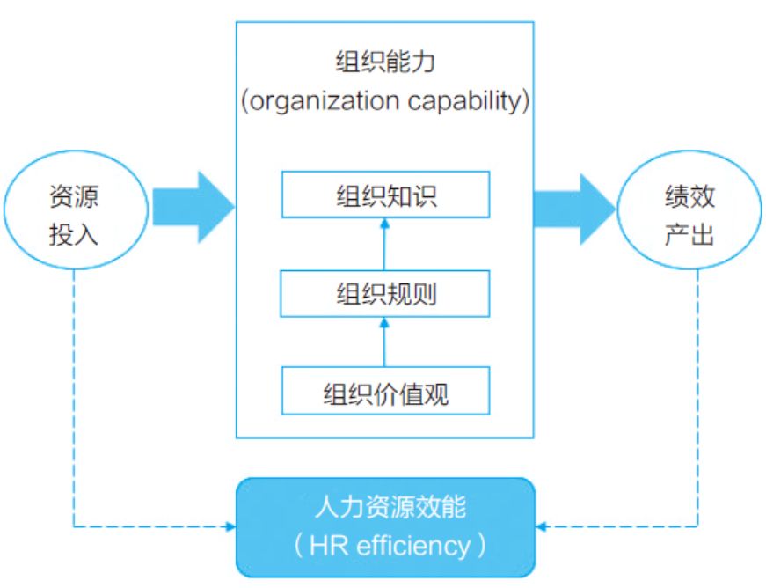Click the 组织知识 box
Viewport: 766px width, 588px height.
click(384, 195)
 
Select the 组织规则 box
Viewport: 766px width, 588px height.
click(384, 294)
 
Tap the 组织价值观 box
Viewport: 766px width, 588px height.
click(384, 392)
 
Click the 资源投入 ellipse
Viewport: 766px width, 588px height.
click(74, 212)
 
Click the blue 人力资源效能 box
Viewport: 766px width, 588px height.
click(384, 526)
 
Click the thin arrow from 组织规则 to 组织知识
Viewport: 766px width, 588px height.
click(384, 245)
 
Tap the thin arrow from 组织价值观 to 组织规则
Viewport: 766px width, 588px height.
click(384, 342)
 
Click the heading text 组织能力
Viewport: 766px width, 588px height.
click(384, 64)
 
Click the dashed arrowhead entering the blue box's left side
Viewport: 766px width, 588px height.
click(230, 527)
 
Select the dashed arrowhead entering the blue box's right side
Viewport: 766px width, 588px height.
click(541, 527)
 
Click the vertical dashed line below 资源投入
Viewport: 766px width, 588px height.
click(74, 396)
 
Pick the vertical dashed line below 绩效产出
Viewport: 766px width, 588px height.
click(697, 396)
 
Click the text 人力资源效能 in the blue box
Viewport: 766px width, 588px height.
click(384, 508)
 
